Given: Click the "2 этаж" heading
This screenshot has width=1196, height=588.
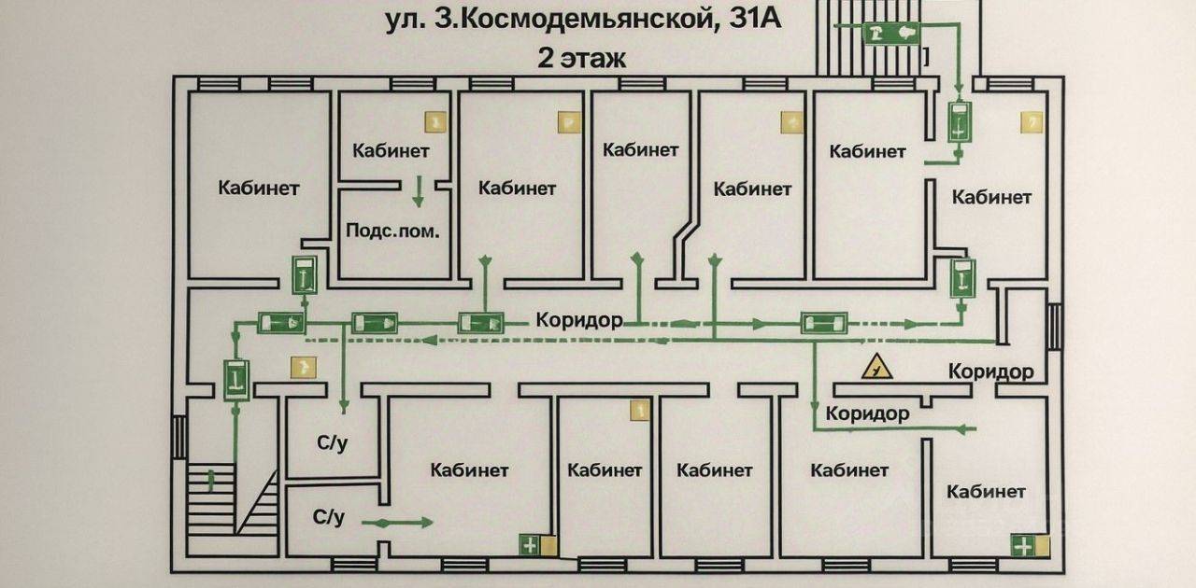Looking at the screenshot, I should point(581,58).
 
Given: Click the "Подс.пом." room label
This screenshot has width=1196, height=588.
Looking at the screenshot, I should point(392,231).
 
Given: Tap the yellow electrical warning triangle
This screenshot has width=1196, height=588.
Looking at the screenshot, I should point(876,367).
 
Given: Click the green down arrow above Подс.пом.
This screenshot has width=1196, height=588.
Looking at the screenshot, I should point(419,190).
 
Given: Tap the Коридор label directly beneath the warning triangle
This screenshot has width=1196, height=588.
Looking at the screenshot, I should point(868,413).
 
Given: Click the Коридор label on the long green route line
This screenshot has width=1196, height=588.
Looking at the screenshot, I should point(579,320).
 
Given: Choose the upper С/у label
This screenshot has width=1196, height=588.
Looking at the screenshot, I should point(332,444).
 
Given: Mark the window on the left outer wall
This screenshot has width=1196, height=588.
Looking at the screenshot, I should point(178,437).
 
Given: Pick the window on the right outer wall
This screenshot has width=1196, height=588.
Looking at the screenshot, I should point(1055,327).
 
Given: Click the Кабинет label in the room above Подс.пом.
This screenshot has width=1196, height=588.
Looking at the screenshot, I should point(392,150).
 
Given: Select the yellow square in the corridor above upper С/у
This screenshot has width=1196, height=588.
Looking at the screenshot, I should point(302,367).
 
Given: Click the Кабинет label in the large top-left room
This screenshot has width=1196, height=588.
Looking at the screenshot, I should point(259,188).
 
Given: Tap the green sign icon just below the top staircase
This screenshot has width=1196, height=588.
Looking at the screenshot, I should point(960,122).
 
